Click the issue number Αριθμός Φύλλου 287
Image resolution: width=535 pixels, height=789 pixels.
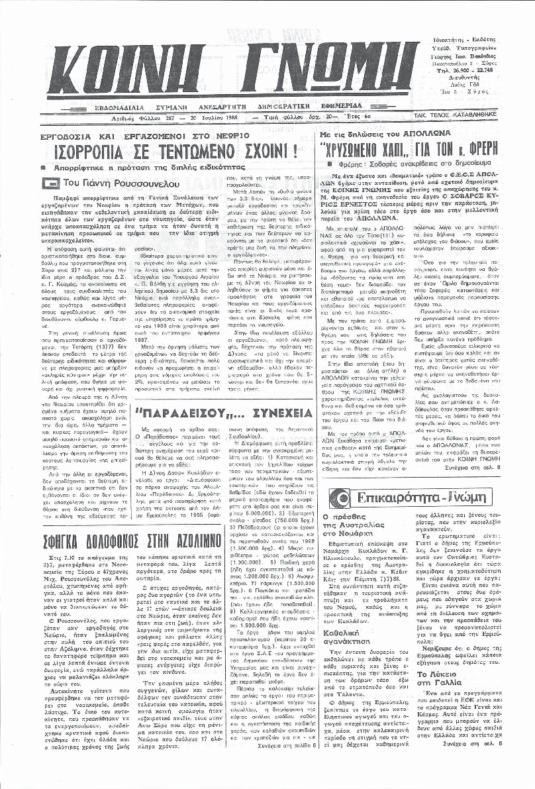pos(121,114)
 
